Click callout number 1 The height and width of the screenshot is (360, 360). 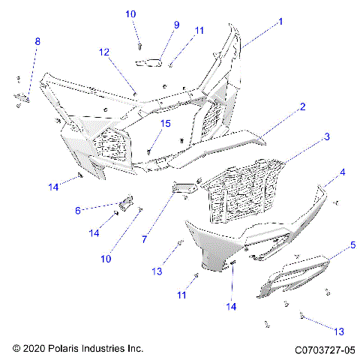click(x=281, y=22)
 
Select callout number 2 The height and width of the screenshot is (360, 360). click(x=302, y=107)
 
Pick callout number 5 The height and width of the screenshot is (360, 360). click(x=352, y=245)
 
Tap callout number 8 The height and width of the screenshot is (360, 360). click(x=37, y=42)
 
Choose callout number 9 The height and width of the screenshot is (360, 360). click(x=176, y=25)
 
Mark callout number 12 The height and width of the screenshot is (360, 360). click(x=103, y=52)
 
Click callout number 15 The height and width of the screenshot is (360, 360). click(x=166, y=123)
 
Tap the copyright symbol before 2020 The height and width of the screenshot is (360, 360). click(x=16, y=349)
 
